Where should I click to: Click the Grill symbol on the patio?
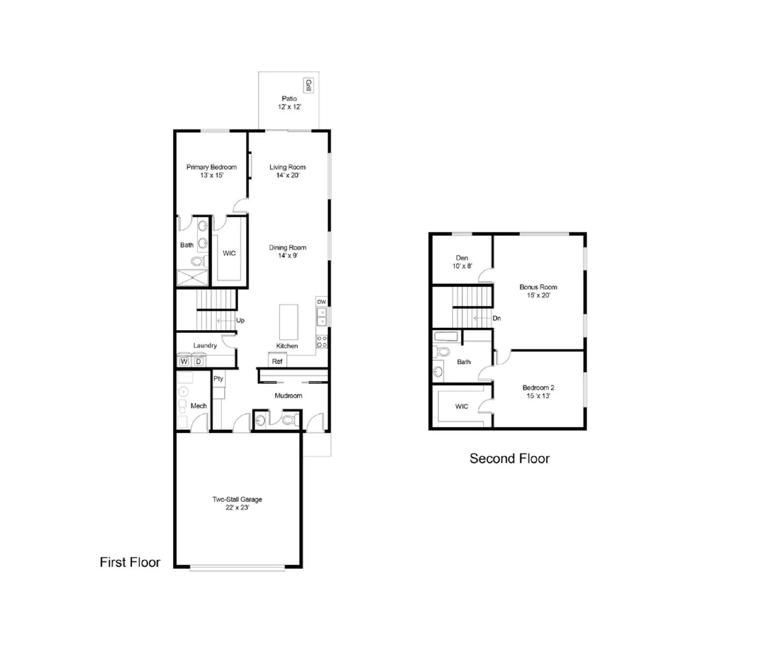click(x=308, y=85)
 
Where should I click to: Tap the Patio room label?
click(x=289, y=98)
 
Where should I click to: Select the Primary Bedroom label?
click(x=212, y=167)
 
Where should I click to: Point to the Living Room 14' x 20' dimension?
click(x=288, y=175)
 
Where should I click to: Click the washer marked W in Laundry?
click(x=184, y=362)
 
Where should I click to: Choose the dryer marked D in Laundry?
click(x=198, y=362)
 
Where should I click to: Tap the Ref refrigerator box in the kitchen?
click(x=277, y=361)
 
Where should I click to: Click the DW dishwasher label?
click(x=322, y=302)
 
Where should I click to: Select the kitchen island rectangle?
click(x=289, y=322)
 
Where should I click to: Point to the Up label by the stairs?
click(x=240, y=320)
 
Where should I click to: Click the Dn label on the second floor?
click(x=496, y=318)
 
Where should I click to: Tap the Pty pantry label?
click(x=218, y=378)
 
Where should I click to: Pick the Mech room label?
click(x=199, y=406)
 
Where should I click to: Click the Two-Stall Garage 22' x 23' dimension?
click(x=237, y=507)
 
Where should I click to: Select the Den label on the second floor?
click(x=462, y=258)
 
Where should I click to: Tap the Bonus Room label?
click(x=538, y=287)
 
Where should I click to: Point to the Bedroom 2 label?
click(x=538, y=388)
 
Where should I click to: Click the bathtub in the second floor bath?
click(x=446, y=336)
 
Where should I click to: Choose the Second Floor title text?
click(x=510, y=458)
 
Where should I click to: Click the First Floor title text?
click(x=130, y=562)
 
